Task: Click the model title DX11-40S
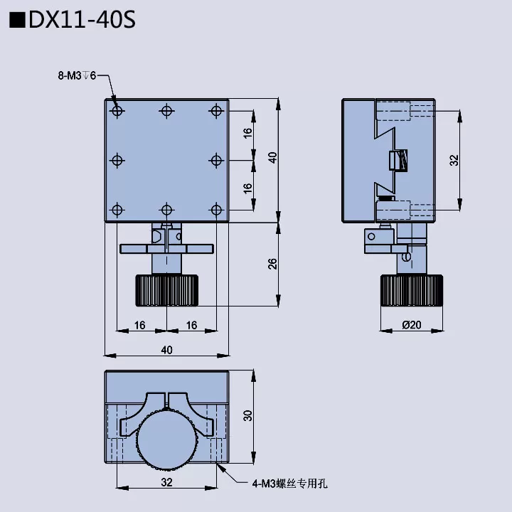(x=80, y=20)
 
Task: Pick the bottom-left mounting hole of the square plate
(x=117, y=209)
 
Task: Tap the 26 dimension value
(x=272, y=265)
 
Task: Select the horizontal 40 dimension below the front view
(x=166, y=349)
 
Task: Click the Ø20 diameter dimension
(x=412, y=325)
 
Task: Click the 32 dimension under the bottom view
(x=166, y=482)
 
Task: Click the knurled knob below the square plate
(x=166, y=290)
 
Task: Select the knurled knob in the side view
(x=412, y=290)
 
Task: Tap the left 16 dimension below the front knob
(x=140, y=325)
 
